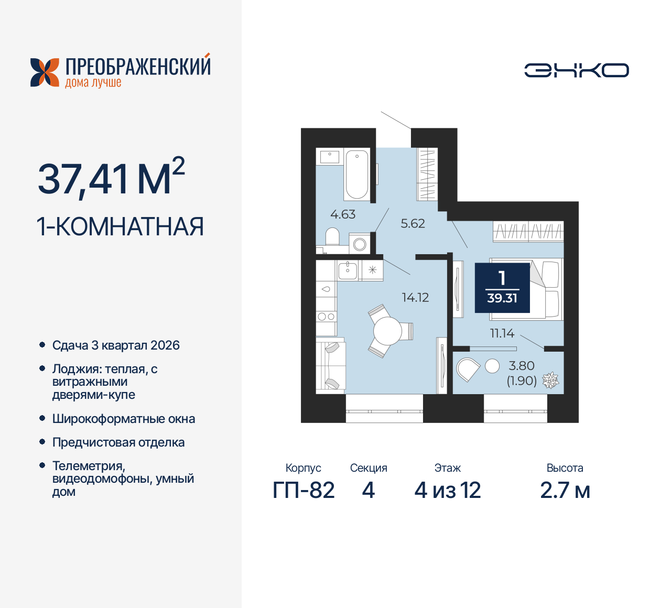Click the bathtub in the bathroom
point(357,175)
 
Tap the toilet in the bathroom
point(332,236)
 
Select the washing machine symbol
point(360,244)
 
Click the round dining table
point(387,331)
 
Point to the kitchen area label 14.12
point(415,298)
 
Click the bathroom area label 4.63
point(343,214)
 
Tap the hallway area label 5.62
point(413,224)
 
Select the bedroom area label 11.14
point(502,333)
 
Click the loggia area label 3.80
point(522,366)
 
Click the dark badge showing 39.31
point(502,288)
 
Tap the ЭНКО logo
point(577,70)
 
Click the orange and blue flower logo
point(45,72)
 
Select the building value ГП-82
point(304,491)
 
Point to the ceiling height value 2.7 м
point(565,491)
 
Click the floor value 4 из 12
point(448,491)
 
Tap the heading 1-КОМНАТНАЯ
point(120,227)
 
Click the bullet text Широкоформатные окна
point(124,419)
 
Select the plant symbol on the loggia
point(550,381)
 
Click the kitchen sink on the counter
point(347,270)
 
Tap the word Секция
point(369,468)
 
